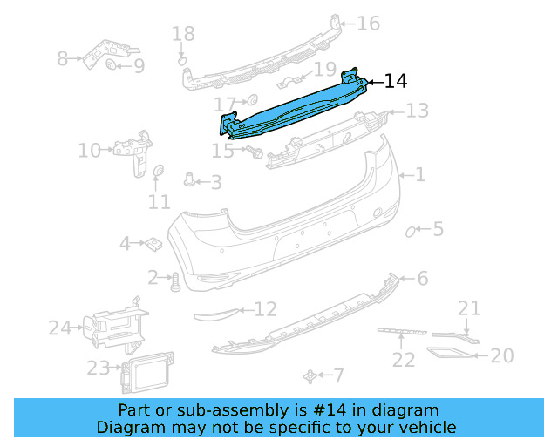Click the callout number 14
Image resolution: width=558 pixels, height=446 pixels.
[395, 82]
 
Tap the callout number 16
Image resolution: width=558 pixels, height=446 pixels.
[368, 23]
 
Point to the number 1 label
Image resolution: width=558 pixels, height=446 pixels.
[419, 175]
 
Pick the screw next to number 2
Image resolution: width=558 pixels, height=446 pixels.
[174, 280]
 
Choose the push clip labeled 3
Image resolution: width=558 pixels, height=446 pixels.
[189, 180]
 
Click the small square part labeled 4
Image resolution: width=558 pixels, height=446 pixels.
[151, 244]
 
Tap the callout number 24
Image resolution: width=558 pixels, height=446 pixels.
[59, 328]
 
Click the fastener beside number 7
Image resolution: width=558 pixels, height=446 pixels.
[310, 375]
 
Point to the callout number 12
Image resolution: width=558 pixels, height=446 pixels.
[265, 308]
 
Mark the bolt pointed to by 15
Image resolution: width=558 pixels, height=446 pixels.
[255, 152]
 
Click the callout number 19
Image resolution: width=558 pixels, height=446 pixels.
[324, 70]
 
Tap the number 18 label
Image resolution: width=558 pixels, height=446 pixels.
[183, 34]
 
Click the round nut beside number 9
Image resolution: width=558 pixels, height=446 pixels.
[112, 65]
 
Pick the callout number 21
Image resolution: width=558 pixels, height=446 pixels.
[469, 307]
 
